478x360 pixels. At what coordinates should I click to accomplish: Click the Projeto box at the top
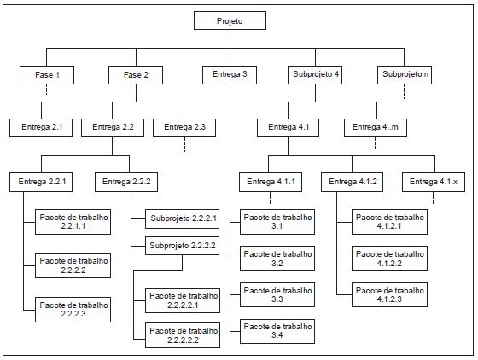click(x=230, y=20)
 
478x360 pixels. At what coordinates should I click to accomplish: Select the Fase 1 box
click(x=47, y=75)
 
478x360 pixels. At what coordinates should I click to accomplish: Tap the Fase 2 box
click(x=136, y=75)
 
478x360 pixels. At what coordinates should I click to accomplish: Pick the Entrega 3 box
click(x=230, y=75)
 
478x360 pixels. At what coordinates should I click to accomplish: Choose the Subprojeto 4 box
click(x=315, y=75)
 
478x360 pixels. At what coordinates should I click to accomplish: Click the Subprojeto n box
click(x=405, y=75)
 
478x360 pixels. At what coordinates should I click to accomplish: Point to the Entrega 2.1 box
click(x=41, y=128)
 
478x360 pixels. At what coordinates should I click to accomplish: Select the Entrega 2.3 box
click(x=184, y=128)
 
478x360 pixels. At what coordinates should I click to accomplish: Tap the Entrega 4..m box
click(x=376, y=128)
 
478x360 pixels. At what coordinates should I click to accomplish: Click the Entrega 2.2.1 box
click(x=41, y=182)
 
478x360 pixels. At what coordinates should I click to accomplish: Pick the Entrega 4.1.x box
click(x=434, y=182)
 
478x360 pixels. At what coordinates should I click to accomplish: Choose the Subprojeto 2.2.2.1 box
click(x=183, y=218)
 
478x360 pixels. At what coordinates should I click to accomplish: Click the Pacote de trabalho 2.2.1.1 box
click(x=73, y=222)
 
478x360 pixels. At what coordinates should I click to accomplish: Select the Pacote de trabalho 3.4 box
click(x=277, y=331)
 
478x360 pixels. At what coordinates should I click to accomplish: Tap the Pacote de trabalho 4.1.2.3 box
click(x=389, y=294)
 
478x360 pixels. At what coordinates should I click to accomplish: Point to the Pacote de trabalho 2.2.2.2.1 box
click(x=183, y=300)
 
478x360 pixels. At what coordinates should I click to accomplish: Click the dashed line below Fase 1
click(x=47, y=90)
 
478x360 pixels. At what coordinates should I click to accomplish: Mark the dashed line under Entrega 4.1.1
click(x=271, y=198)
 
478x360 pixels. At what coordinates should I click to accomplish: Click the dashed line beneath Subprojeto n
click(x=405, y=91)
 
